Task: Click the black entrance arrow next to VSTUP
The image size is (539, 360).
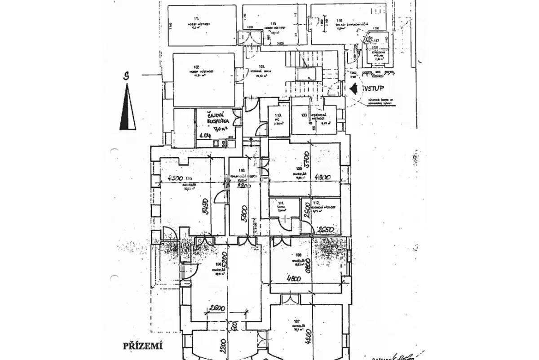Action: pyautogui.click(x=354, y=88)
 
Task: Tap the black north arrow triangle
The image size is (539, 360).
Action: pyautogui.click(x=128, y=108)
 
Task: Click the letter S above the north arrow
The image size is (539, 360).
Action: pyautogui.click(x=128, y=76)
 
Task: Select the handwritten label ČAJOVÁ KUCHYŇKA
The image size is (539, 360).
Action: pyautogui.click(x=219, y=118)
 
